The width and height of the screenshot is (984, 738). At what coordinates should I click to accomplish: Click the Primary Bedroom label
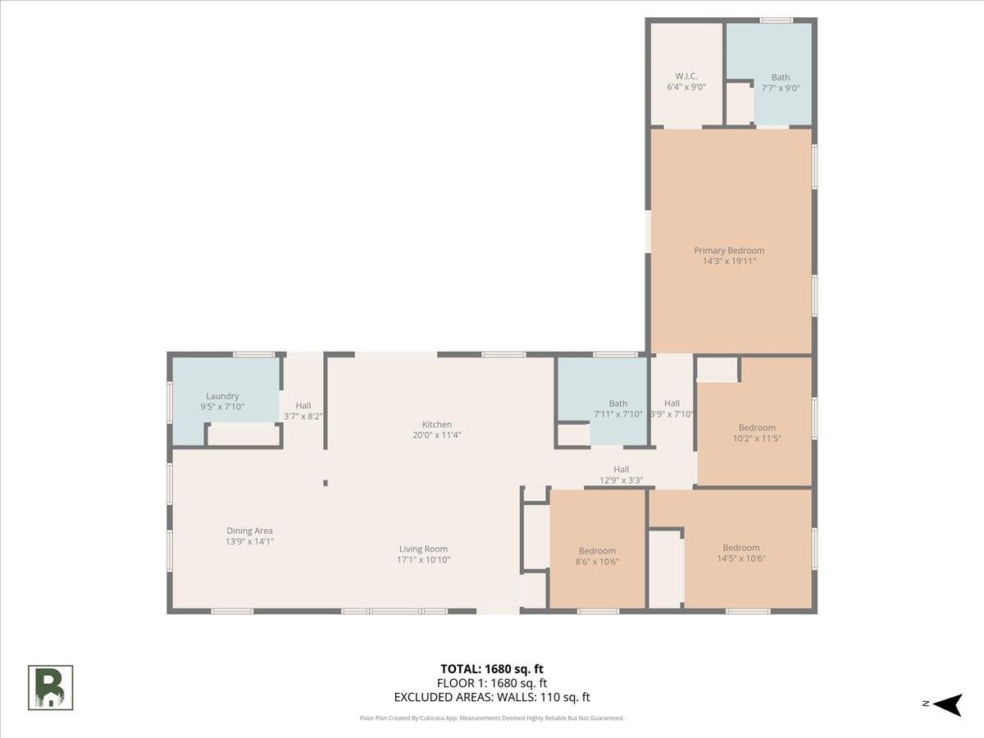coord(729,250)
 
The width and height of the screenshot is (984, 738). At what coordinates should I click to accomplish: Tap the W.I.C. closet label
coord(686,76)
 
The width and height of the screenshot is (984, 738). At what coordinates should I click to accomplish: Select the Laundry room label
coord(222,396)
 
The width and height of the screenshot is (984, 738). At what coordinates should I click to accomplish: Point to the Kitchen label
coord(436,424)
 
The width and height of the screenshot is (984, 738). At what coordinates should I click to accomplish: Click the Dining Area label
coord(249,531)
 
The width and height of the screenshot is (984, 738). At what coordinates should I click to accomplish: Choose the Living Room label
coord(423,549)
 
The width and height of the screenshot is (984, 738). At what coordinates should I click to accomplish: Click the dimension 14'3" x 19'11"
coord(729,262)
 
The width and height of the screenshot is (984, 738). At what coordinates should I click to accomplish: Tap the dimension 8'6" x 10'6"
coord(597,562)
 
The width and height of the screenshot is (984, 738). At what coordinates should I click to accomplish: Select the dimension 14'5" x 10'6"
coord(741,558)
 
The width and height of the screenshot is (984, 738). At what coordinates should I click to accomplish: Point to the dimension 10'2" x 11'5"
coord(757,439)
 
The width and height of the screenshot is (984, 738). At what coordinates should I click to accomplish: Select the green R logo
coord(50,688)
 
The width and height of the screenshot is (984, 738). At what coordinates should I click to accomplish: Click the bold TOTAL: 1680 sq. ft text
coord(492,669)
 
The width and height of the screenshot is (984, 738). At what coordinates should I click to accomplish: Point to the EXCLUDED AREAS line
coord(492,697)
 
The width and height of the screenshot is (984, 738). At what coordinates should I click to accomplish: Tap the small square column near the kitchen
coord(326,483)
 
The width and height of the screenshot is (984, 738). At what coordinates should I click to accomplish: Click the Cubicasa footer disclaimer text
coord(492,718)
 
